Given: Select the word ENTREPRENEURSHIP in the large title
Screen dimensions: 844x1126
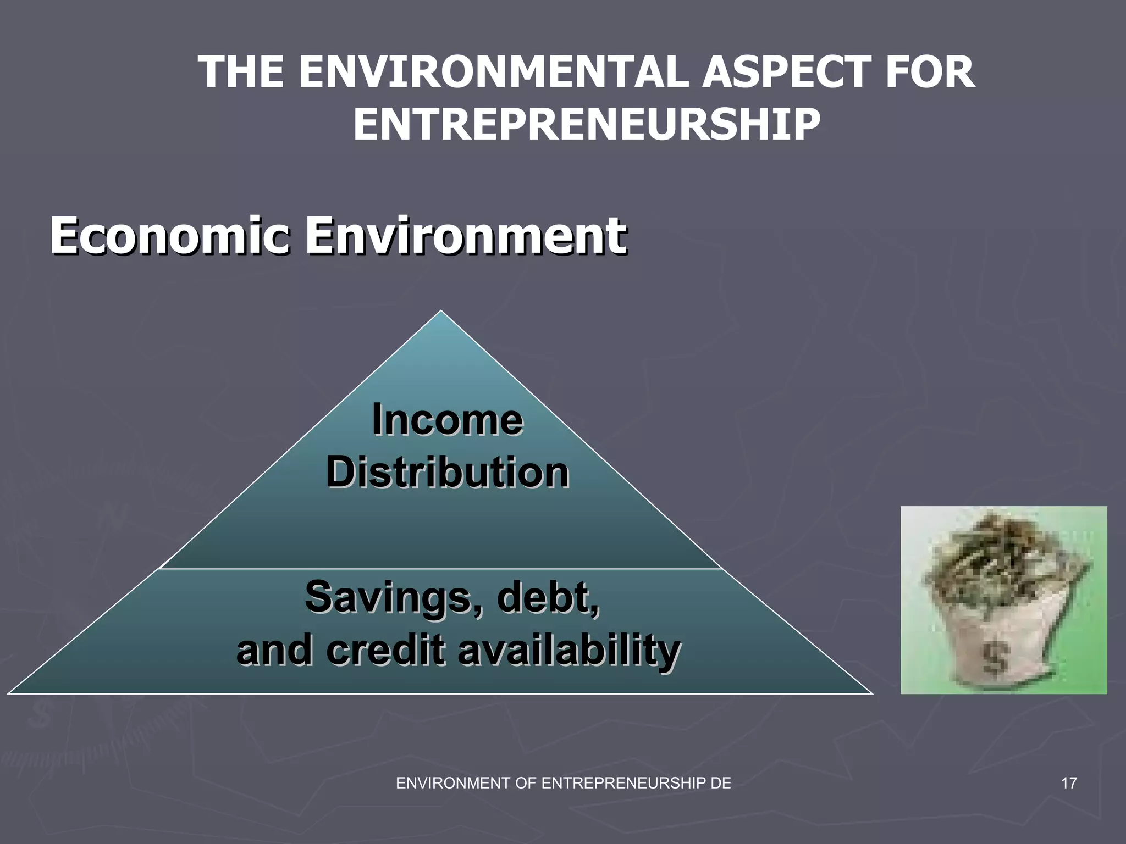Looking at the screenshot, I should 587,124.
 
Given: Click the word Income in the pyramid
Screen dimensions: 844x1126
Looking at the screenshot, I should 447,420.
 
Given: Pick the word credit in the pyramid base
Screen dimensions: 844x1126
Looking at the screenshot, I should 385,649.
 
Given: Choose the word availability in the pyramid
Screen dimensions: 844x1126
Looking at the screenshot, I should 569,651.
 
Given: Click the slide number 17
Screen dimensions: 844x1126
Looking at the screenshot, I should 1069,783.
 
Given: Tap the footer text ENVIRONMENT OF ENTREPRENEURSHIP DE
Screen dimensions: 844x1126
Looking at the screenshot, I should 564,783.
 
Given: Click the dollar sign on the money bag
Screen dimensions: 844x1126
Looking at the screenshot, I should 996,658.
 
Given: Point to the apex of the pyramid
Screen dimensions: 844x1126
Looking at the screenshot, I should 441,312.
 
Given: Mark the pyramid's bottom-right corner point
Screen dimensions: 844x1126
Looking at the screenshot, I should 872,693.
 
